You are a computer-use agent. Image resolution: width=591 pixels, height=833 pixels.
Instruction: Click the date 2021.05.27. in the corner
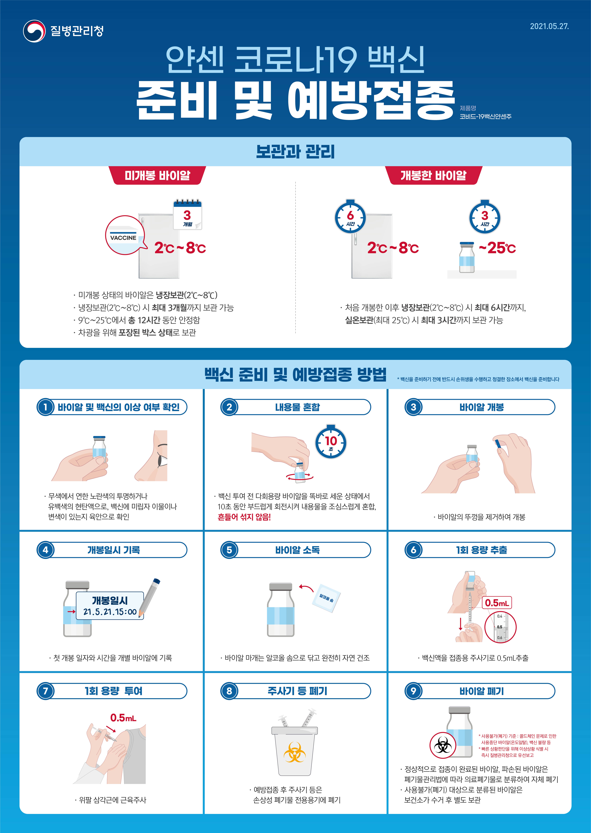[x=549, y=26]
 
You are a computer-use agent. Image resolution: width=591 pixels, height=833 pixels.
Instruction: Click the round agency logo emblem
[x=34, y=31]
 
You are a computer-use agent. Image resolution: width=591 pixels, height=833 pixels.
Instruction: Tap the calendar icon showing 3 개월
[x=187, y=214]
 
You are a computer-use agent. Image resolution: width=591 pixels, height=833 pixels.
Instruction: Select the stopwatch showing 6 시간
[x=350, y=217]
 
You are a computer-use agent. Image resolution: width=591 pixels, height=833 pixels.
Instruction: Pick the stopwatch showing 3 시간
[x=485, y=217]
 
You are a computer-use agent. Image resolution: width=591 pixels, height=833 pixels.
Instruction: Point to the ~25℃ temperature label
[x=497, y=248]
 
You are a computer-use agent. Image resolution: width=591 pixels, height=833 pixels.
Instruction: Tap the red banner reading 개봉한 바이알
[x=433, y=176]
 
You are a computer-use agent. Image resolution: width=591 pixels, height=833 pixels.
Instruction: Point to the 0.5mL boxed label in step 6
[x=497, y=603]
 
